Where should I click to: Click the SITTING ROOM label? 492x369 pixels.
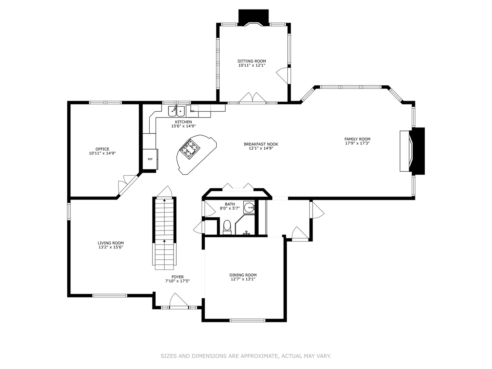coord(251,61)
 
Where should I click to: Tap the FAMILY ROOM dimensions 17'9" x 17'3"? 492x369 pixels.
coord(357,143)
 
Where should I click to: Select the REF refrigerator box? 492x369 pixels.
coord(150,159)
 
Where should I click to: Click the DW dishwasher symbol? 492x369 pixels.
coord(192,111)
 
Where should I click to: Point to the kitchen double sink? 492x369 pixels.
coord(176,111)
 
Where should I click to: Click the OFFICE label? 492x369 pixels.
coord(102,149)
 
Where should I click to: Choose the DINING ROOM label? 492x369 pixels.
coord(243,275)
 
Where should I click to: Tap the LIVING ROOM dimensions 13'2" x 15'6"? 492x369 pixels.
coord(111,247)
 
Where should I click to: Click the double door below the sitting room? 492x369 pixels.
coord(252,98)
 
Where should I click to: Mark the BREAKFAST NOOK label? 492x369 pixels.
coord(261,144)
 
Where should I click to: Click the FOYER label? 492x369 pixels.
coord(177,277)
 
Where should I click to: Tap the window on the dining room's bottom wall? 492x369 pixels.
coord(247,320)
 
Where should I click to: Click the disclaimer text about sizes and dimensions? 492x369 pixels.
coord(246,356)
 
